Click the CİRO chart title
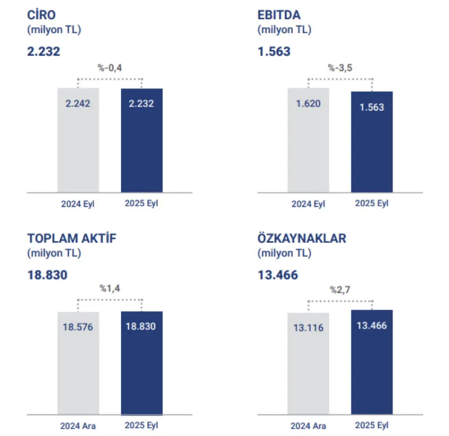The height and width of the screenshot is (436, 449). click(x=41, y=15)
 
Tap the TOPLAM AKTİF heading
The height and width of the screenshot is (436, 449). click(x=72, y=238)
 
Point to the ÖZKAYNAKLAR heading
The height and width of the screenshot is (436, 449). click(x=302, y=238)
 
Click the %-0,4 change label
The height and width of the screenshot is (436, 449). click(x=110, y=68)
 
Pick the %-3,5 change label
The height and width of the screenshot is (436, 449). click(x=340, y=68)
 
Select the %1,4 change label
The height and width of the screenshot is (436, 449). click(x=110, y=288)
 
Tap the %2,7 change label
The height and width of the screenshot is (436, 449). click(x=340, y=290)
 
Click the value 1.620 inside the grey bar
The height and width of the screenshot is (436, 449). click(x=308, y=104)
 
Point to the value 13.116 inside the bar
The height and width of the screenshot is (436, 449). click(x=308, y=328)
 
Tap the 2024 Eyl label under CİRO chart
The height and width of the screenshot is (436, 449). click(x=78, y=205)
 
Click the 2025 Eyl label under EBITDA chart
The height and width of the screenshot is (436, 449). click(x=372, y=204)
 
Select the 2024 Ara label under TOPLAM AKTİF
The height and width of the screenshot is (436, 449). click(x=78, y=426)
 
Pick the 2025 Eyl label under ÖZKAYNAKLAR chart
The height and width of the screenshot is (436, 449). click(x=372, y=425)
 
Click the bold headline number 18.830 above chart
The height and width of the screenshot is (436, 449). click(x=47, y=275)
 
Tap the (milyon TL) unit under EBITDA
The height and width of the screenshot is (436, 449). click(x=284, y=29)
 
